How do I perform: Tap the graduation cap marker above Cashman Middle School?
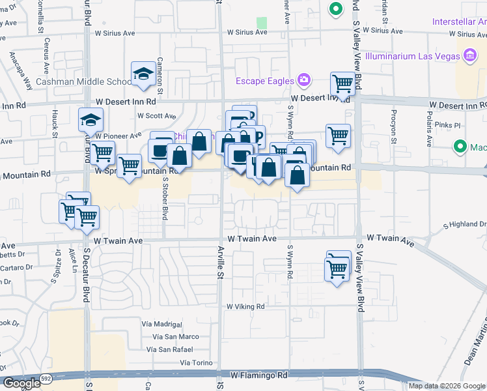click(x=143, y=74)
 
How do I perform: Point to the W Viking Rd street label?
click(x=245, y=306)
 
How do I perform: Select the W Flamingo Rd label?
click(x=258, y=376)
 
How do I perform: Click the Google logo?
click(x=21, y=383)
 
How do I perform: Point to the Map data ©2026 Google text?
click(x=447, y=386)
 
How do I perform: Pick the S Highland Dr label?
click(x=465, y=225)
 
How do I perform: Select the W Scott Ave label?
click(x=156, y=115)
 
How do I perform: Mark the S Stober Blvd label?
click(x=165, y=199)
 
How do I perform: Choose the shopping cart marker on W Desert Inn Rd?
click(x=342, y=84)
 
